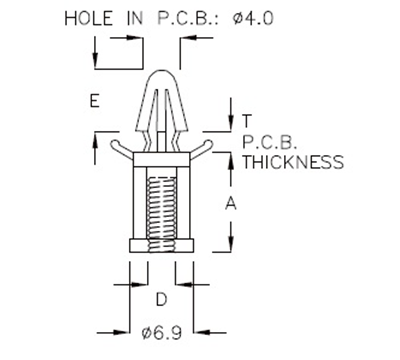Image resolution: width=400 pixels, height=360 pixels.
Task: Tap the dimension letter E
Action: tap(93, 101)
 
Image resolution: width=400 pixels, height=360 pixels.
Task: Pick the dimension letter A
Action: tap(231, 203)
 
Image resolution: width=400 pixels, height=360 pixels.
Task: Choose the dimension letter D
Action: tap(160, 298)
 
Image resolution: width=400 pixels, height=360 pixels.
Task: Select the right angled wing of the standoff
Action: tap(200, 148)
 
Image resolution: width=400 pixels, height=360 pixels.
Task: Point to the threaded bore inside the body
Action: tap(160, 205)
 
